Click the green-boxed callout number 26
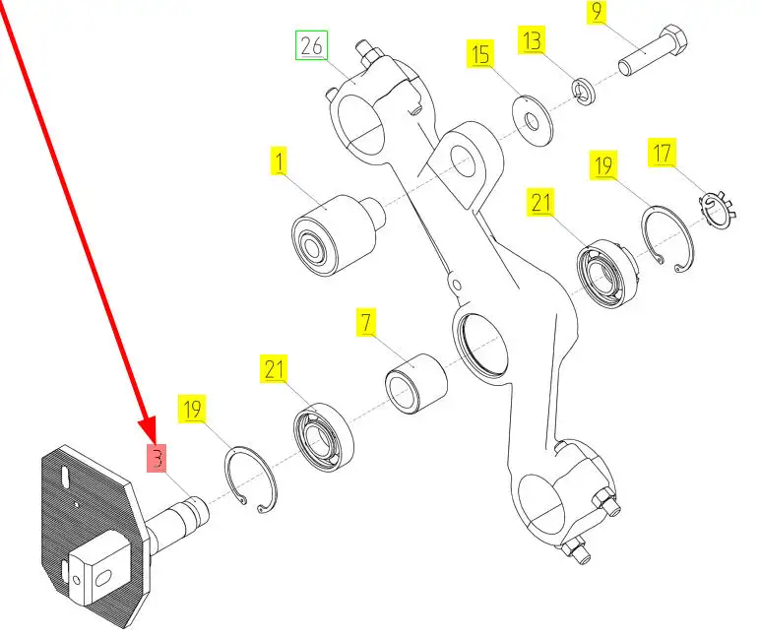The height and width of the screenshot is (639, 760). coord(312,45)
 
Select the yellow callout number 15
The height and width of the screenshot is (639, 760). coord(479,54)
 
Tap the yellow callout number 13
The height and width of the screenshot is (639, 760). coord(532,40)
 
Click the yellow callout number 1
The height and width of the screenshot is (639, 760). coord(280,160)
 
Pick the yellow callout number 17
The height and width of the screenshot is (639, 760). coord(660,153)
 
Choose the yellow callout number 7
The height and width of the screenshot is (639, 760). coord(366,322)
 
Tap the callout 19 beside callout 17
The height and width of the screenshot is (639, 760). coord(602,164)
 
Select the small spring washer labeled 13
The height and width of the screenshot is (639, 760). coord(583,92)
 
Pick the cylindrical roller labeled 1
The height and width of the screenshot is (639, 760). coord(334,234)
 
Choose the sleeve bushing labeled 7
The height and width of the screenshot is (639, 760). coord(413,379)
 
